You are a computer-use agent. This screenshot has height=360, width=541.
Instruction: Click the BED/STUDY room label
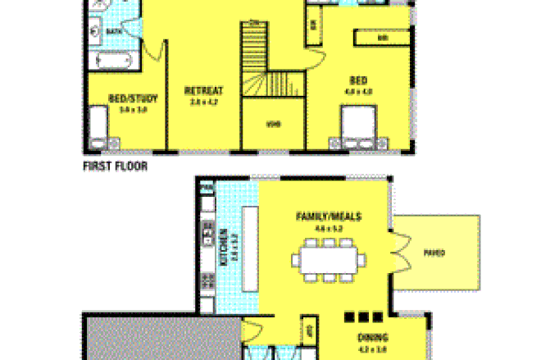pos(126,99)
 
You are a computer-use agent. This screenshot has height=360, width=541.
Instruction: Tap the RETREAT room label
pos(203,90)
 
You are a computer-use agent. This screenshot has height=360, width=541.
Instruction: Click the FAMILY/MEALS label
pos(329,216)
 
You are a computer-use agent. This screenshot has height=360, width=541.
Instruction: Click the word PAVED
pos(434,253)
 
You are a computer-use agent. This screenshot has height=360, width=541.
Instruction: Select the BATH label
pos(113,31)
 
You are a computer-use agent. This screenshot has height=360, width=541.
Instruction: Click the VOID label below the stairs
pos(274,125)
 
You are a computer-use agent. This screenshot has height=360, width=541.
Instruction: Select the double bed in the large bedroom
pos(359,131)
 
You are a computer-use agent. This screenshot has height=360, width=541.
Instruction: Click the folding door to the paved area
pos(400,245)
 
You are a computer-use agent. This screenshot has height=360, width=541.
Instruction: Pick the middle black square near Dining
pos(362,316)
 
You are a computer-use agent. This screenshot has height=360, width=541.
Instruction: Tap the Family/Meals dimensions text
pos(328,228)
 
